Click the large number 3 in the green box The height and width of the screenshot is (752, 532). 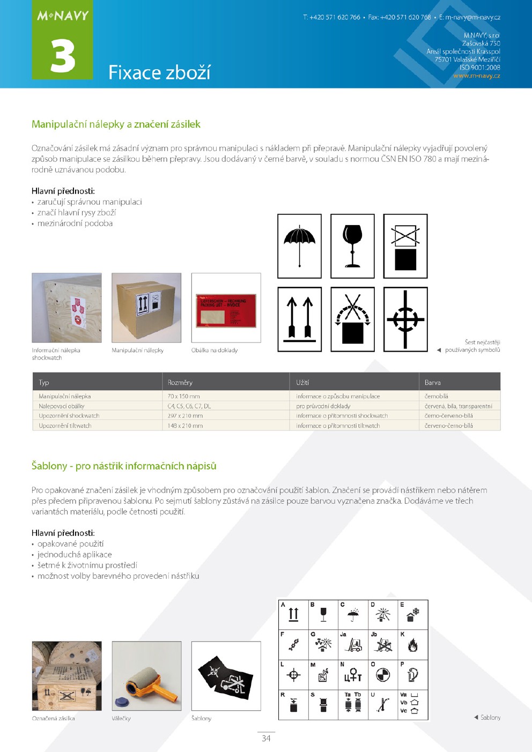pyautogui.click(x=63, y=56)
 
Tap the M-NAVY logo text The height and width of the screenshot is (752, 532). pyautogui.click(x=63, y=16)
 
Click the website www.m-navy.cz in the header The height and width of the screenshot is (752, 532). pyautogui.click(x=476, y=76)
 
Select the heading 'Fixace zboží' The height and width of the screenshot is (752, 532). pyautogui.click(x=159, y=72)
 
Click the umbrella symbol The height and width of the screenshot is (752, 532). pyautogui.click(x=299, y=246)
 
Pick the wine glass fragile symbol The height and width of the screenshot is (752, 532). pyautogui.click(x=352, y=246)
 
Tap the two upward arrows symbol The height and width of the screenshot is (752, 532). pyautogui.click(x=299, y=319)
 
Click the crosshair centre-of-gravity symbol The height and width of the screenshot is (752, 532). pyautogui.click(x=405, y=319)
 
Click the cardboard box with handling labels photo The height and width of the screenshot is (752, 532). pyautogui.click(x=146, y=307)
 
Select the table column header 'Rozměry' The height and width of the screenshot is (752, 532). pyautogui.click(x=180, y=382)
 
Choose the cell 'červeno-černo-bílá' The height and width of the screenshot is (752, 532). pyautogui.click(x=449, y=426)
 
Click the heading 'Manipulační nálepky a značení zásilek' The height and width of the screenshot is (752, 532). pyautogui.click(x=116, y=124)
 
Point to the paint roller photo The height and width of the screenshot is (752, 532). pyautogui.click(x=146, y=676)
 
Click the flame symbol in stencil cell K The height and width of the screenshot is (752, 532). pyautogui.click(x=412, y=645)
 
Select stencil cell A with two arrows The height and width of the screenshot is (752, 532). pyautogui.click(x=293, y=614)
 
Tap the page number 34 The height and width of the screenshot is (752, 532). pyautogui.click(x=266, y=738)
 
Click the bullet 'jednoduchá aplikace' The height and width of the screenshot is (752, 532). pyautogui.click(x=75, y=554)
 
